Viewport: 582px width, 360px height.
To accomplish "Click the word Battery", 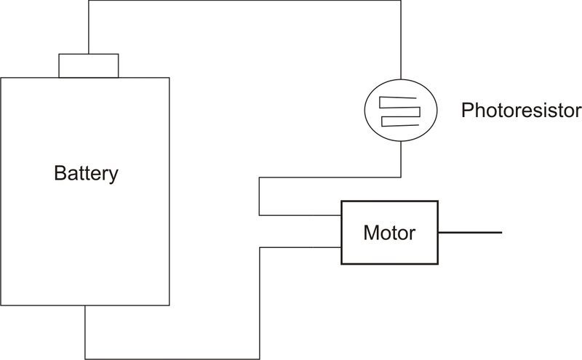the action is (x=86, y=174).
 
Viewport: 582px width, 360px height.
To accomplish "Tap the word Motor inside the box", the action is (x=389, y=233).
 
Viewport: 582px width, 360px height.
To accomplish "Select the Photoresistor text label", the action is (x=521, y=111).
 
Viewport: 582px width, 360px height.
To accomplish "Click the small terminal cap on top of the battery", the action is (x=89, y=65).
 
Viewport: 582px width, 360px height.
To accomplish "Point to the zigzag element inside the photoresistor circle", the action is (x=399, y=111).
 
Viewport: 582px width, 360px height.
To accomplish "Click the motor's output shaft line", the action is (x=470, y=233).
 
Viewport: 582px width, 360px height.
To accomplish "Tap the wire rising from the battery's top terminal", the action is (x=89, y=27).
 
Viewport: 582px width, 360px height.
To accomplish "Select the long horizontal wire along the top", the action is (x=244, y=1).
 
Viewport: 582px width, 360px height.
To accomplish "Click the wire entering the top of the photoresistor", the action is (x=401, y=40).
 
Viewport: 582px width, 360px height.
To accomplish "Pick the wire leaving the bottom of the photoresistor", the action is (x=401, y=159).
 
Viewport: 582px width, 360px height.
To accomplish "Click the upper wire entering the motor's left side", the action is (x=300, y=215).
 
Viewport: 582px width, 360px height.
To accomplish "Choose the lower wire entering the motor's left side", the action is (x=300, y=247).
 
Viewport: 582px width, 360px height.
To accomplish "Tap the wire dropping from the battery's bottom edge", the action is (x=85, y=332).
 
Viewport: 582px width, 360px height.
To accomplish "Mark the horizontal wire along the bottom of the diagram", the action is (x=172, y=359).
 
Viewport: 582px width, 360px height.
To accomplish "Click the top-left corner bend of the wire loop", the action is (x=89, y=1).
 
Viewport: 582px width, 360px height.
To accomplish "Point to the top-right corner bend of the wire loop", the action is (x=401, y=1).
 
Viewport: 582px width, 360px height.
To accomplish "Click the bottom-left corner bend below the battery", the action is (x=85, y=359).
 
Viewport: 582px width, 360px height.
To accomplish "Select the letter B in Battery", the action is (x=60, y=172).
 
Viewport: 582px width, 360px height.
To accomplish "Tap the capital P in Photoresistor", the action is (x=467, y=111).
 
